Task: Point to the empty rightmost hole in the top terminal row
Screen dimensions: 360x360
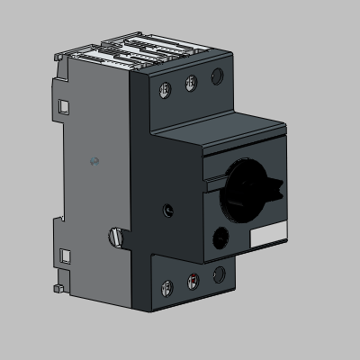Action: tap(217, 77)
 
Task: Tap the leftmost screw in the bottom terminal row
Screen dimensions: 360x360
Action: tap(165, 289)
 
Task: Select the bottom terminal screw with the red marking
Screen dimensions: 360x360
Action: tap(191, 283)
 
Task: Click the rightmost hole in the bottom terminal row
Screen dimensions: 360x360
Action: tap(217, 276)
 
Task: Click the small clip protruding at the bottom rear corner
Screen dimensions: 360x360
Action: tap(58, 289)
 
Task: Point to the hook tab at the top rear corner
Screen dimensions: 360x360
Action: tap(59, 57)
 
